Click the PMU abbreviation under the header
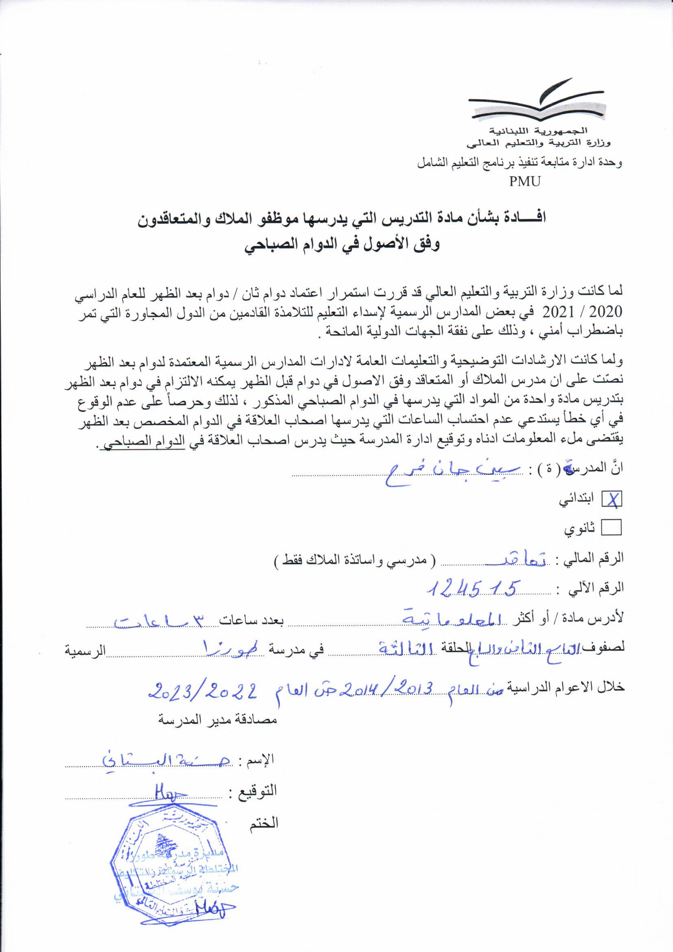click(x=525, y=181)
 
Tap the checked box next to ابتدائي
click(x=612, y=501)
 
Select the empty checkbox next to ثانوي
click(x=612, y=528)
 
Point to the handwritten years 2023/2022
click(x=203, y=690)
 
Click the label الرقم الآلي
click(x=596, y=588)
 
